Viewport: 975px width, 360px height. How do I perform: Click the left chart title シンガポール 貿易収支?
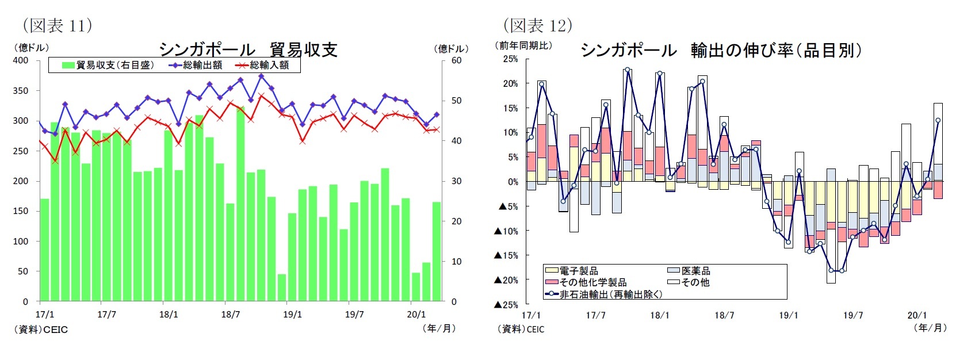pyautogui.click(x=247, y=49)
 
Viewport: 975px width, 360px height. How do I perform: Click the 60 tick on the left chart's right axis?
pyautogui.click(x=456, y=60)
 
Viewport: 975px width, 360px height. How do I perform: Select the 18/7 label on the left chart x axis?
pyautogui.click(x=230, y=315)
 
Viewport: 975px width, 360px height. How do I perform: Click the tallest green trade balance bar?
pyautogui.click(x=240, y=204)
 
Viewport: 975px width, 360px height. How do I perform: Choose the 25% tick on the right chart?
pyautogui.click(x=510, y=59)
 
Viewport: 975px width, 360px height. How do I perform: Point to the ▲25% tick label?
pyautogui.click(x=506, y=305)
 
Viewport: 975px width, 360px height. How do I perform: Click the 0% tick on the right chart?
pyautogui.click(x=512, y=182)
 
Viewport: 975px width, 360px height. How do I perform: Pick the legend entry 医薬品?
pyautogui.click(x=695, y=270)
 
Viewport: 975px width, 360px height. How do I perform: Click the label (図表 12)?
pyautogui.click(x=538, y=25)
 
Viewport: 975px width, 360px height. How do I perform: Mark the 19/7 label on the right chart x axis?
pyautogui.click(x=852, y=315)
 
